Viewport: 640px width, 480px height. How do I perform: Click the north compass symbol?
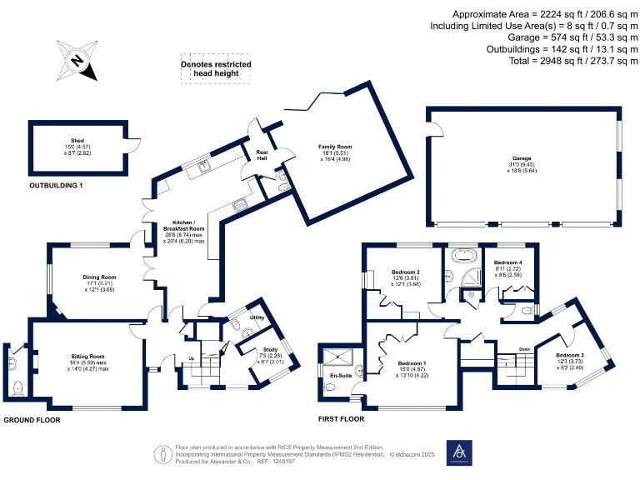pyautogui.click(x=76, y=61)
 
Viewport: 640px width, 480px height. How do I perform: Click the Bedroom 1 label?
pyautogui.click(x=412, y=364)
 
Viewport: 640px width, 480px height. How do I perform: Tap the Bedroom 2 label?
pyautogui.click(x=406, y=272)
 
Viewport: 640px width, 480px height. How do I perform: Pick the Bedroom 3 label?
pyautogui.click(x=570, y=356)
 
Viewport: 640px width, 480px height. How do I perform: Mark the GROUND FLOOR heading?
pyautogui.click(x=32, y=421)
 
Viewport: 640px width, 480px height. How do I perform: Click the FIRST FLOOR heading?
pyautogui.click(x=341, y=419)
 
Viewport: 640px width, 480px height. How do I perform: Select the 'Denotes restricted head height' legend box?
pyautogui.click(x=216, y=69)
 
